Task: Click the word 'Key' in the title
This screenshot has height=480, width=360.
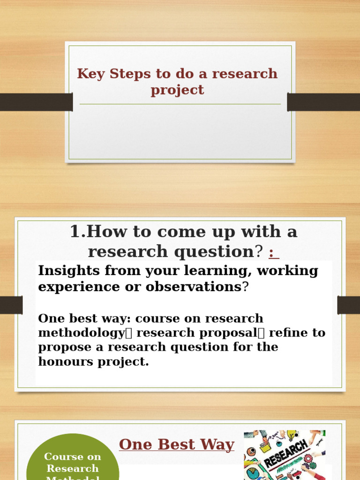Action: (x=91, y=74)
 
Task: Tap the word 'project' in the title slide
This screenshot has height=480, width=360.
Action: (x=177, y=90)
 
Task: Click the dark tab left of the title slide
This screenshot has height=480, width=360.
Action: (x=36, y=102)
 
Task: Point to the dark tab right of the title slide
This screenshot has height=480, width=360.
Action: (x=323, y=102)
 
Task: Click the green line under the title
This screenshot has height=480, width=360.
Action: (x=180, y=104)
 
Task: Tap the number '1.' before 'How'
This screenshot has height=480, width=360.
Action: (x=78, y=232)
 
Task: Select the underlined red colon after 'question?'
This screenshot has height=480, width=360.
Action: (x=274, y=253)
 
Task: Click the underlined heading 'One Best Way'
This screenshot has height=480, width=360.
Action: (x=177, y=444)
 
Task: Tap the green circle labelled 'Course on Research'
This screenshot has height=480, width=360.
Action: (x=73, y=462)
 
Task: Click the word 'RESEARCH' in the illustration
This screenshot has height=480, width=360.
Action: (x=286, y=454)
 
